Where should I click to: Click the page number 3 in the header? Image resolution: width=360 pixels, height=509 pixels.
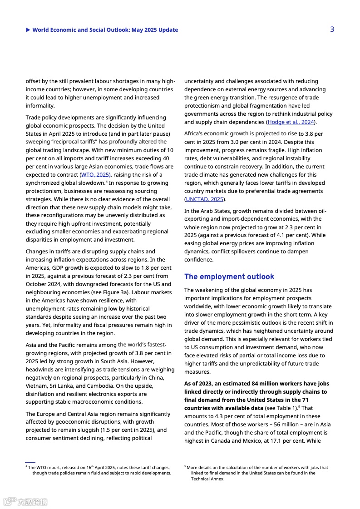point(332,30)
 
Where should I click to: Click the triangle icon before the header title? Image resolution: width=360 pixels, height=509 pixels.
point(28,30)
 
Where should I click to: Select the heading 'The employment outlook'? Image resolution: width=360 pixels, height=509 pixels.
point(229,277)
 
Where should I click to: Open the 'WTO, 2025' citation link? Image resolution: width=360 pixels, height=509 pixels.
point(95,175)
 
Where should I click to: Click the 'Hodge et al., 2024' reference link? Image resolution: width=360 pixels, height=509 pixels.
point(291,122)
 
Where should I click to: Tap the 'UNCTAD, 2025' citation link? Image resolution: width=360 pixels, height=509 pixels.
point(204,199)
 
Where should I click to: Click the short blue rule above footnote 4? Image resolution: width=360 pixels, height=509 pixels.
point(30,462)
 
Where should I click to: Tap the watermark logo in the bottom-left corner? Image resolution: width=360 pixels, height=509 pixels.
point(25,502)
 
